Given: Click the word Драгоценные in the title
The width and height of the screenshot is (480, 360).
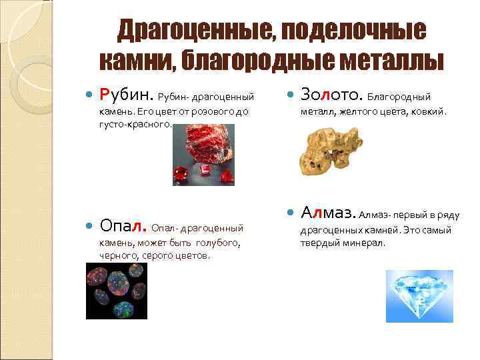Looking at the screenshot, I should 191,30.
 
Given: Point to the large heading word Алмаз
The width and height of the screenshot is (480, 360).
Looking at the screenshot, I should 328,213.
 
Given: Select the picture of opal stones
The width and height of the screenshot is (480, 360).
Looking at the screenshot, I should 117,291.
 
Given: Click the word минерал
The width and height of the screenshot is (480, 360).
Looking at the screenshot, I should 366,243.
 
